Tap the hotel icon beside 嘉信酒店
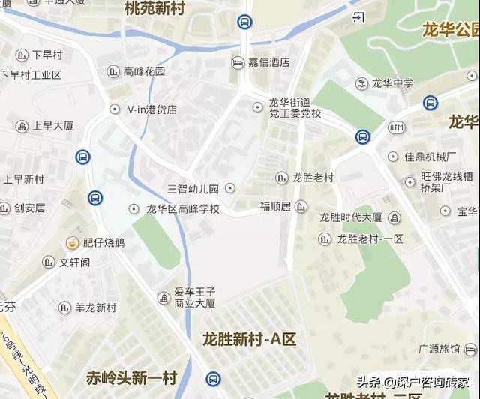[238, 62]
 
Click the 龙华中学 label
[393, 82]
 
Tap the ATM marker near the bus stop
[396, 127]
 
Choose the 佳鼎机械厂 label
[430, 157]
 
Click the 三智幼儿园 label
[193, 188]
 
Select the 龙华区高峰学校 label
[183, 209]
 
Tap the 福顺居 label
[274, 205]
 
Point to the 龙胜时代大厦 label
[351, 217]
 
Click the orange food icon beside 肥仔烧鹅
[72, 242]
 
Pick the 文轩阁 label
[75, 262]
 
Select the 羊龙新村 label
[96, 307]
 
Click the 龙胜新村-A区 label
[250, 339]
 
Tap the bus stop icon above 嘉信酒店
[244, 22]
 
